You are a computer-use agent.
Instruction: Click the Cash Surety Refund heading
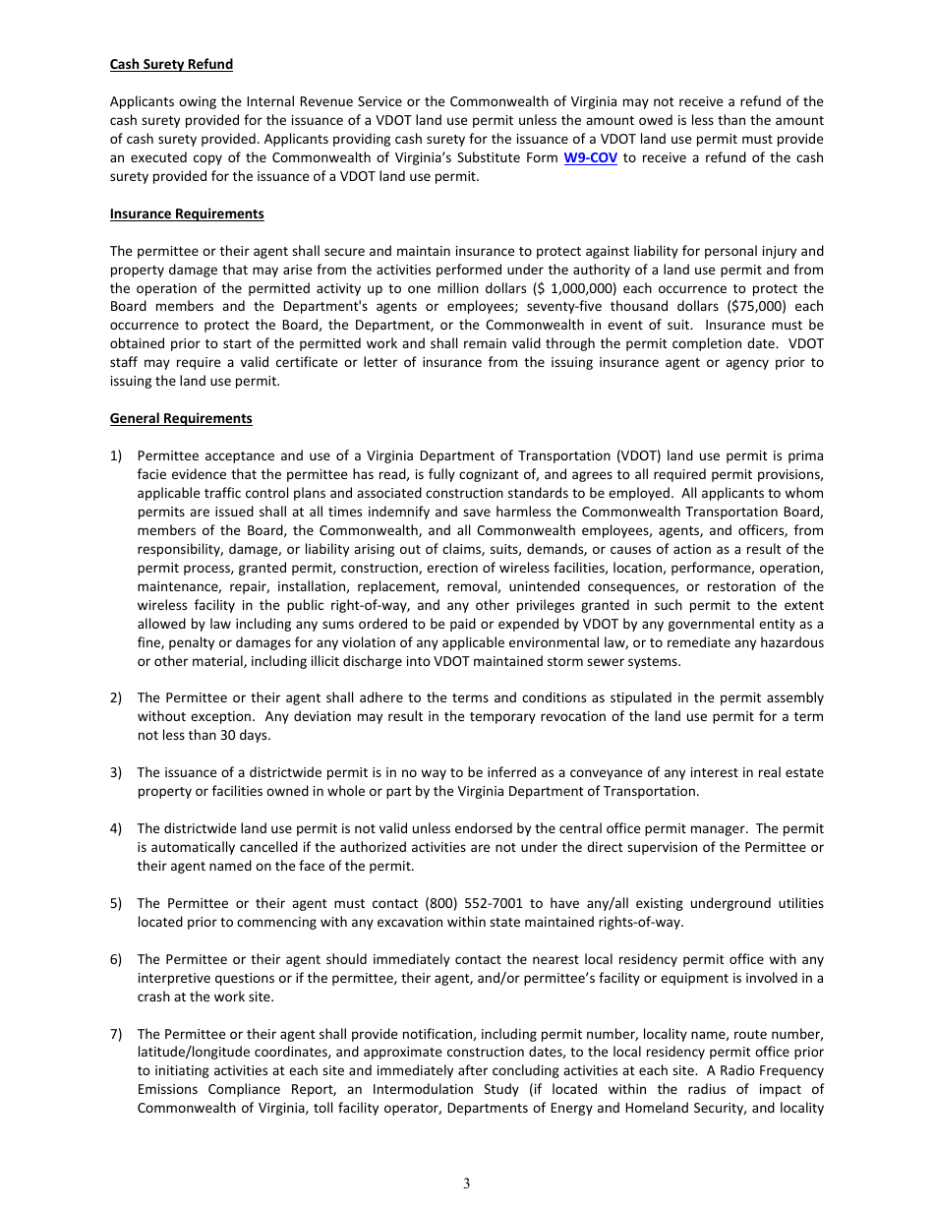[171, 65]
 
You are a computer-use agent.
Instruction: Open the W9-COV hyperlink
[590, 158]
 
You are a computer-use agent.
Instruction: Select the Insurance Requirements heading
[187, 214]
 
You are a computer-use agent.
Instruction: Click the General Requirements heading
[181, 419]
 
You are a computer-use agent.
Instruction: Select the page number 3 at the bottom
[467, 1183]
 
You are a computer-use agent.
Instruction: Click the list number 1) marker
[116, 456]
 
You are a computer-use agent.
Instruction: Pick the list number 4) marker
[116, 829]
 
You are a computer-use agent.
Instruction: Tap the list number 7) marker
[116, 1034]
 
